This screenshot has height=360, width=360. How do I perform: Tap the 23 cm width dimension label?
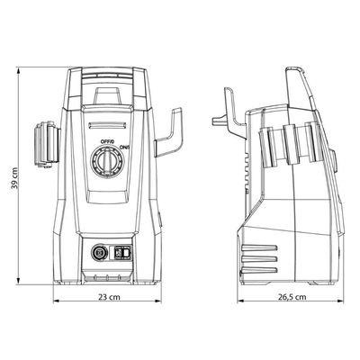click(x=109, y=297)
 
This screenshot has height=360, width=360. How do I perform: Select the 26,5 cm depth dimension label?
click(x=292, y=297)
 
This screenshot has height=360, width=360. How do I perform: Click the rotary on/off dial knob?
click(x=107, y=162)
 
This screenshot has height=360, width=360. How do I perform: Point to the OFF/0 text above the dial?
click(x=107, y=141)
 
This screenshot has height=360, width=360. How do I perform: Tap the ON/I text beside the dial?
click(x=124, y=147)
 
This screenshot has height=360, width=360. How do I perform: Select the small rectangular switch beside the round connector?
click(x=123, y=252)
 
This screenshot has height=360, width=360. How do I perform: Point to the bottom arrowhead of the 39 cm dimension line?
click(x=18, y=281)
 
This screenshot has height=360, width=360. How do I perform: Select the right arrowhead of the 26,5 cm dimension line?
click(x=340, y=301)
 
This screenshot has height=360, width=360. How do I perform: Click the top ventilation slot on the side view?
click(x=258, y=248)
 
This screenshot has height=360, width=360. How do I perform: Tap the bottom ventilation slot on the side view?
click(x=258, y=270)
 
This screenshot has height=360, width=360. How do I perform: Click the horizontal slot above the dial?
click(x=107, y=126)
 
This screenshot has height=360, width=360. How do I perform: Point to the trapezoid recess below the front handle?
click(x=107, y=95)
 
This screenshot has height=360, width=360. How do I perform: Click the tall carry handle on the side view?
click(x=301, y=89)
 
